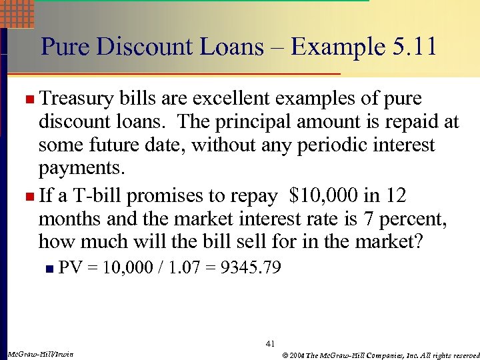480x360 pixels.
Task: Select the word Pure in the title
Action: [x=64, y=47]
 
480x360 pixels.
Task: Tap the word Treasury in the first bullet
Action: [x=79, y=99]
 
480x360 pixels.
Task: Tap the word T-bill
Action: [x=97, y=196]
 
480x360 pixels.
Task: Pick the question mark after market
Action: [x=419, y=241]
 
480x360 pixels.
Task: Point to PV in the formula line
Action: [x=70, y=268]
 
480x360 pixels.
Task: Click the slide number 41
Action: [x=270, y=343]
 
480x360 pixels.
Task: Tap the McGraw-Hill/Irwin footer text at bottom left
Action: [x=39, y=353]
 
